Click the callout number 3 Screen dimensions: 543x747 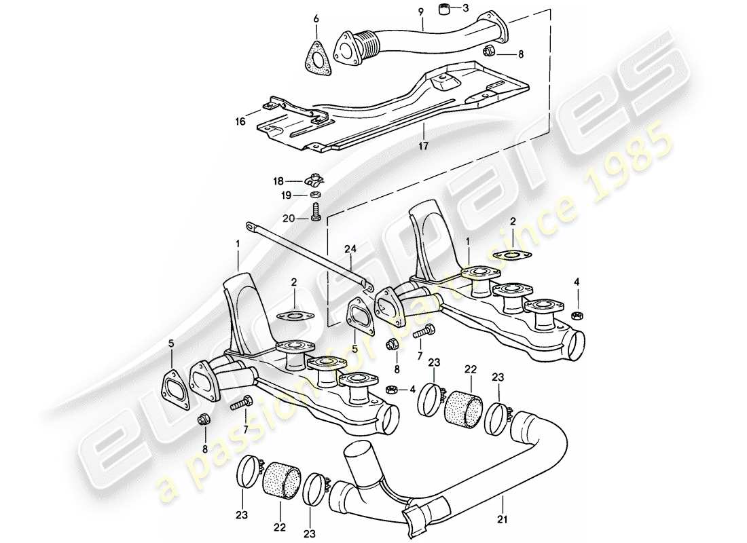click(466, 9)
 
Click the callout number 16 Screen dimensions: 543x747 click(241, 121)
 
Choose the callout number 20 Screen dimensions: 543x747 click(289, 219)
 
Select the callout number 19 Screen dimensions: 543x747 click(288, 195)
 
